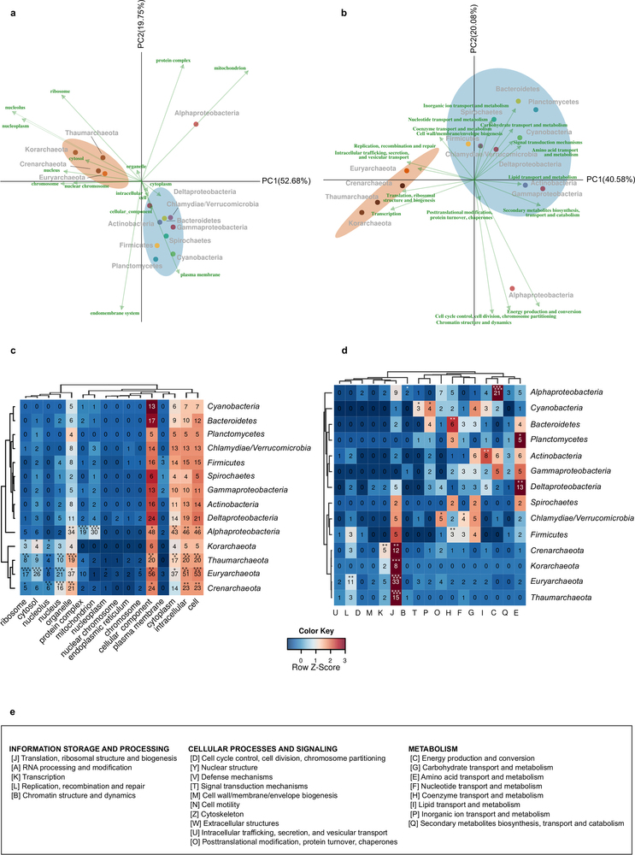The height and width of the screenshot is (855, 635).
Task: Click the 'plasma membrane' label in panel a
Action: (x=201, y=274)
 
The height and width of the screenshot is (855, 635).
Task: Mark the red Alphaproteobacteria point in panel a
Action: (x=197, y=125)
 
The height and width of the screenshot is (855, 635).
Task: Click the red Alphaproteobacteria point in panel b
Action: (x=511, y=289)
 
